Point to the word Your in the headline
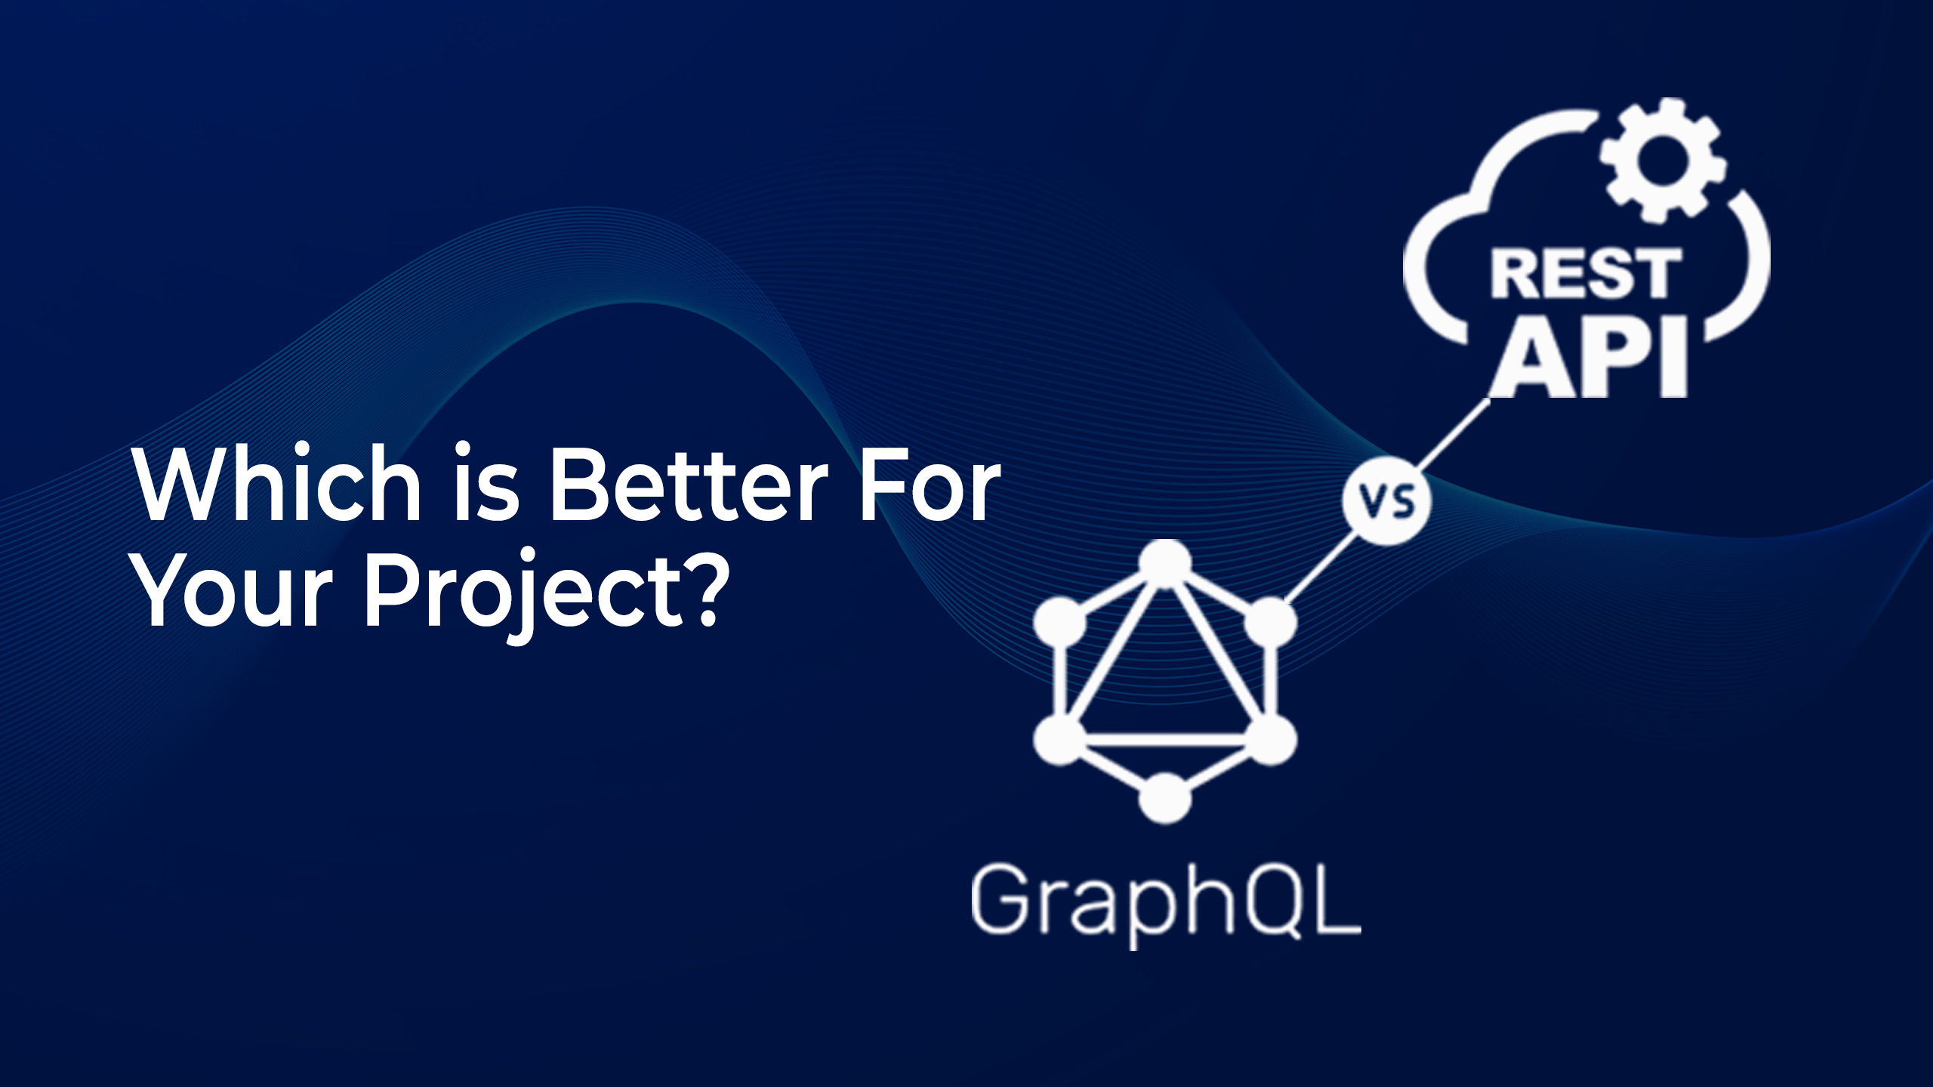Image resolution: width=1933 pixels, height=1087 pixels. [x=233, y=590]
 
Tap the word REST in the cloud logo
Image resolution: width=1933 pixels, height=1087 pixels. [x=1586, y=273]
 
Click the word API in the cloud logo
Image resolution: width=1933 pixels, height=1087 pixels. [x=1589, y=359]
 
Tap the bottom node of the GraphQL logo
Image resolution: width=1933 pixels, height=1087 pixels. [x=1165, y=798]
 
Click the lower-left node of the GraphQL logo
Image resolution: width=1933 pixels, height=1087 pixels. [x=1059, y=740]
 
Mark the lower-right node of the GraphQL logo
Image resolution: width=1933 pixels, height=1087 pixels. [x=1271, y=740]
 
